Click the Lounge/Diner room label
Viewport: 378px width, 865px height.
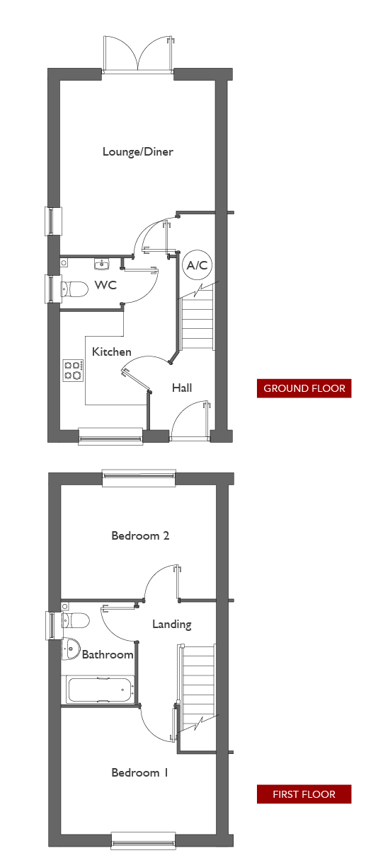(x=137, y=152)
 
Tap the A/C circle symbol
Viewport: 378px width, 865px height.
(x=197, y=265)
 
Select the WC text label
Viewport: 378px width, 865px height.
(x=105, y=285)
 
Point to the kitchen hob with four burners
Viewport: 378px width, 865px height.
(x=74, y=370)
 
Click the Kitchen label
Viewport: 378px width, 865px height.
(x=112, y=352)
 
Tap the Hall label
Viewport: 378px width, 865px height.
(x=182, y=388)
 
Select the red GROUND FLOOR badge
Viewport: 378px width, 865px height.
(x=304, y=388)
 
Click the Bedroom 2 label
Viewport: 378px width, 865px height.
(x=140, y=535)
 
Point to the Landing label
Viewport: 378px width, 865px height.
(x=171, y=625)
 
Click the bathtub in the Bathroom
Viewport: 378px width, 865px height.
(x=101, y=690)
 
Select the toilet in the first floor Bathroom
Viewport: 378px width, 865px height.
(x=76, y=620)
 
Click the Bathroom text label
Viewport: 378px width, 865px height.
(x=108, y=654)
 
